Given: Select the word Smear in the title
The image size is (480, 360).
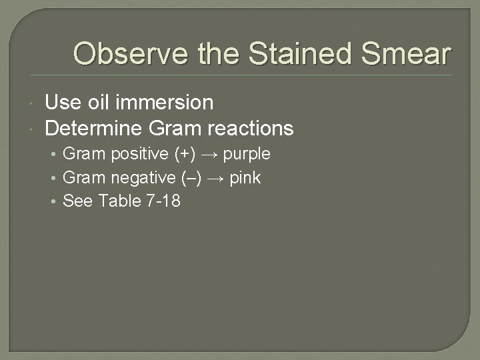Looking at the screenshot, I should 409,53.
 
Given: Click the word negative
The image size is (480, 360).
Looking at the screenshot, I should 143,178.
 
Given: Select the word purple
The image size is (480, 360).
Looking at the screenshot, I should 247,154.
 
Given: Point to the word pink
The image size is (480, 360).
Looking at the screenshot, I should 245,178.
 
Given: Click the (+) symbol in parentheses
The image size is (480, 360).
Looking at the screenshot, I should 185,154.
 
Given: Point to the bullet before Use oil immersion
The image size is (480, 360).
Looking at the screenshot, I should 33,103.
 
